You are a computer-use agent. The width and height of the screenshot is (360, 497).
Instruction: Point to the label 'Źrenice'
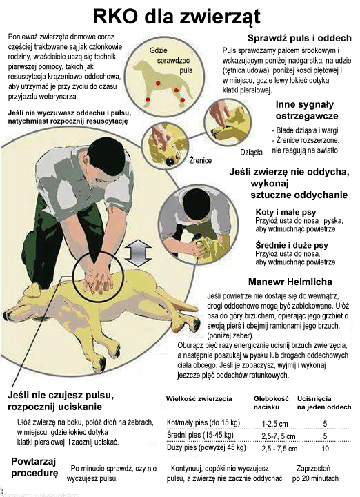[201, 160]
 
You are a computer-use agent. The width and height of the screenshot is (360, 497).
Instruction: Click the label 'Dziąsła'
[252, 151]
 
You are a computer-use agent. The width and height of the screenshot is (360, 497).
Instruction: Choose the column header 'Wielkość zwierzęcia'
[199, 399]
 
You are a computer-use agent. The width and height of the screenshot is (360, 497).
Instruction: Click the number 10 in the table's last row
[325, 449]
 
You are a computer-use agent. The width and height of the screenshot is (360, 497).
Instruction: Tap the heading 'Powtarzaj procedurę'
[34, 467]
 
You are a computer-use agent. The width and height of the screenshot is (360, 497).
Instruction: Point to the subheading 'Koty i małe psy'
[277, 211]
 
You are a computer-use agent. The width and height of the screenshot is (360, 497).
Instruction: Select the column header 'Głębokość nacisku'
[270, 403]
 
